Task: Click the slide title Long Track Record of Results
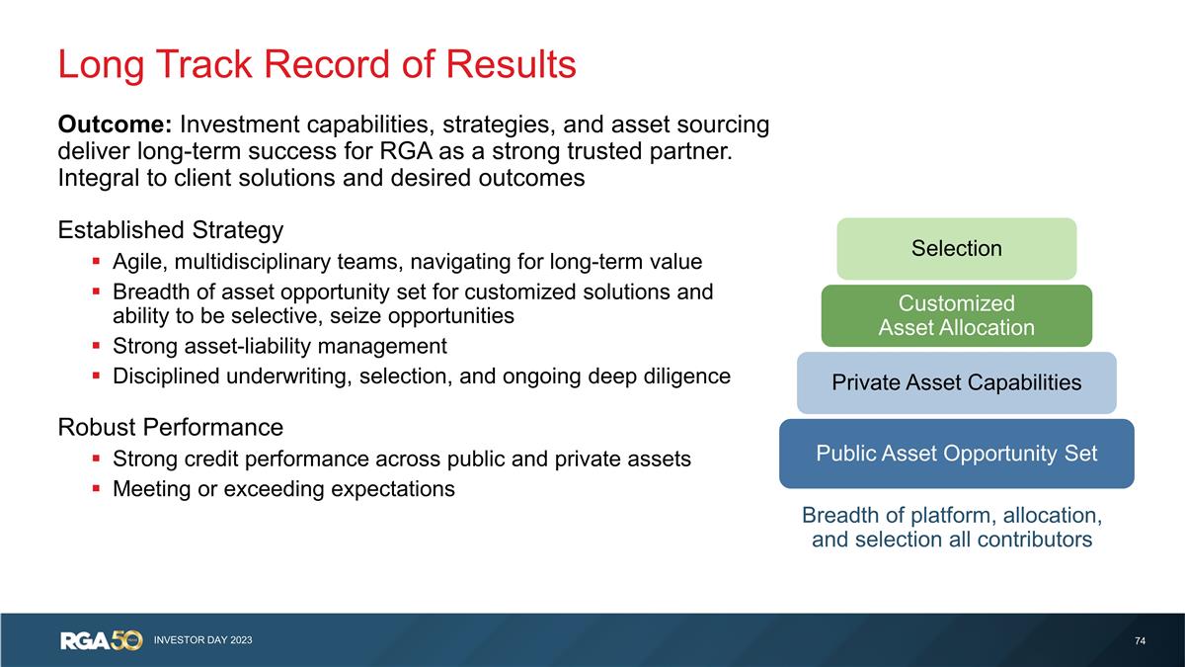tap(316, 65)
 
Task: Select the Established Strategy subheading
tap(171, 230)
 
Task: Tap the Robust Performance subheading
tap(171, 428)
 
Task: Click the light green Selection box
tap(956, 249)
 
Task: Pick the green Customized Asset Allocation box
tap(956, 315)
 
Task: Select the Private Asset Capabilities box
tap(956, 382)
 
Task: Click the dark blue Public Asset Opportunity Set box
tap(956, 454)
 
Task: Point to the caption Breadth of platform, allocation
tap(952, 516)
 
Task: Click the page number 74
tap(1140, 641)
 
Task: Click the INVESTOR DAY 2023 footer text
tap(202, 641)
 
